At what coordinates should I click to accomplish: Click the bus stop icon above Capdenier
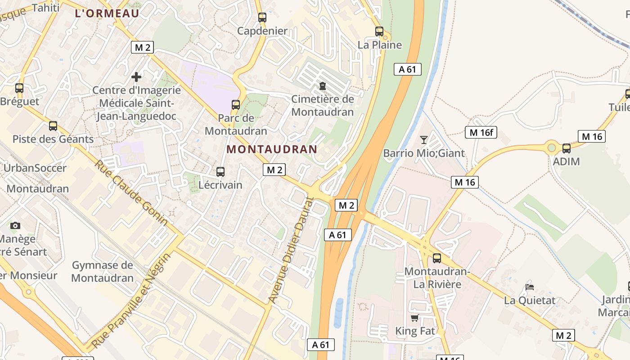[262, 18]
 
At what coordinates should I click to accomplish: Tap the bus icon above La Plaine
[379, 31]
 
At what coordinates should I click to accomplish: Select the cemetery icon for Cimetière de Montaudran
[322, 85]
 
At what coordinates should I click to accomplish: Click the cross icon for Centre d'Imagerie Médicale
[136, 77]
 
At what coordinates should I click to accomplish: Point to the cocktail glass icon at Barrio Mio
[423, 139]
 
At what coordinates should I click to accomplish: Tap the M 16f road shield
[481, 132]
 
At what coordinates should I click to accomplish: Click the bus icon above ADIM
[566, 148]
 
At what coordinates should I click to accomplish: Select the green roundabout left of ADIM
[552, 147]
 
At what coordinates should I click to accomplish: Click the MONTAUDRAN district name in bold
[272, 149]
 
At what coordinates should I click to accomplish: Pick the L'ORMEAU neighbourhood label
[107, 13]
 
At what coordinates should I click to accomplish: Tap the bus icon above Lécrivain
[220, 171]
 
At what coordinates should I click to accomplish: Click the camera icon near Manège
[15, 225]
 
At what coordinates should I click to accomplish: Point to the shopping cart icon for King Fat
[414, 318]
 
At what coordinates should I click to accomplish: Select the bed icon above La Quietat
[530, 287]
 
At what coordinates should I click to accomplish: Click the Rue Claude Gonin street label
[131, 193]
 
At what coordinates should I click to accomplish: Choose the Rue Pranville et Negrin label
[132, 301]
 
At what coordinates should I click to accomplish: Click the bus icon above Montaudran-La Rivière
[436, 258]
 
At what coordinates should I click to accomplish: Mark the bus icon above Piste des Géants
[53, 126]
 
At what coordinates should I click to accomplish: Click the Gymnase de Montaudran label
[103, 271]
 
